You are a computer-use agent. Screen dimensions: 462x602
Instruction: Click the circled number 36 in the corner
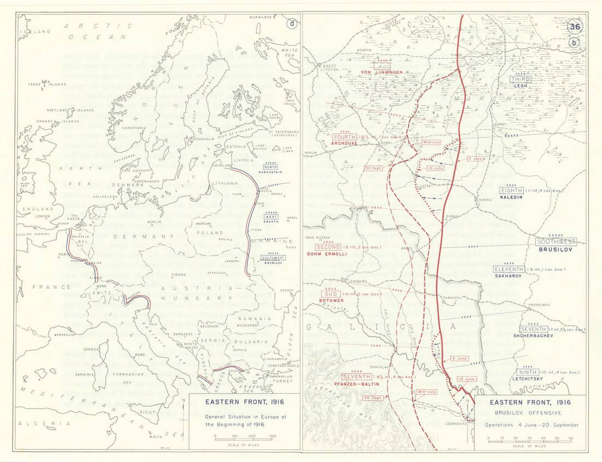point(574,26)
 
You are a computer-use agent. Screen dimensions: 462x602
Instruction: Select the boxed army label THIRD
point(520,79)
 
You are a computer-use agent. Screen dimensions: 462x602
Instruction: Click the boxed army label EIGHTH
point(511,190)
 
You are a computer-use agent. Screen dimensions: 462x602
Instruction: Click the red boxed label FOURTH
point(344,137)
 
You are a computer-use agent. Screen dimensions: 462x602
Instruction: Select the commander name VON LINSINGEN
point(381,72)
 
